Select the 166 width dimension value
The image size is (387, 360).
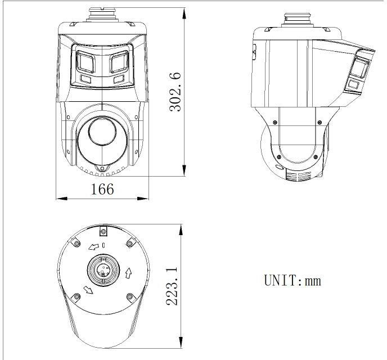(102, 189)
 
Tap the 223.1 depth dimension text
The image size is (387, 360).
(173, 286)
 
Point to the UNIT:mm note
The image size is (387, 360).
(292, 280)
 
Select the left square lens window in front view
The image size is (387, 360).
(85, 62)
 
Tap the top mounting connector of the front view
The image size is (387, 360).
(102, 13)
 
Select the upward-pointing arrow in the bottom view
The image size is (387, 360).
(128, 273)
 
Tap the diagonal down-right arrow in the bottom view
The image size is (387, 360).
(88, 290)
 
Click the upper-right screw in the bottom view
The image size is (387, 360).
(130, 242)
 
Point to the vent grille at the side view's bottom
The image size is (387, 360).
(299, 176)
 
